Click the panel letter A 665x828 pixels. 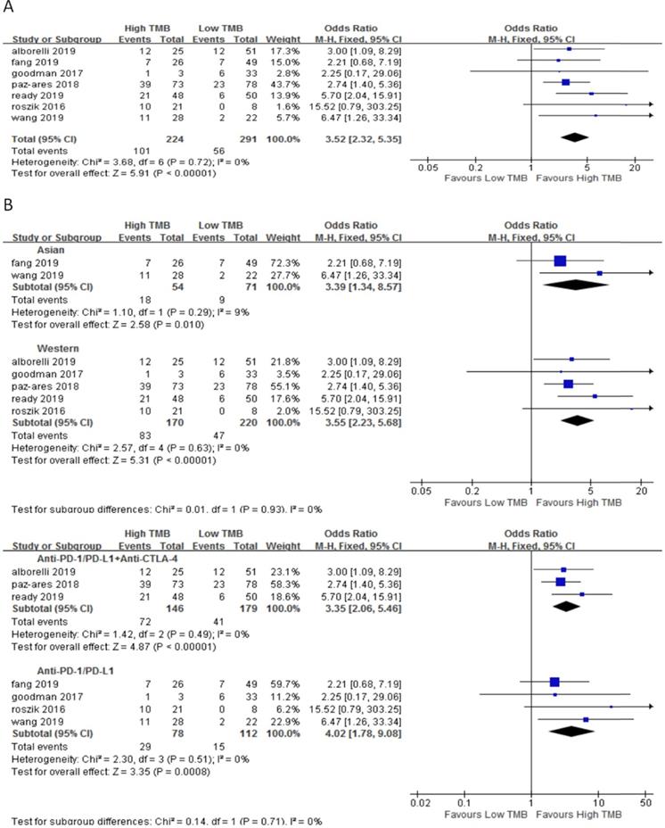(x=7, y=7)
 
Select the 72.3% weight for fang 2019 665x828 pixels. (x=273, y=261)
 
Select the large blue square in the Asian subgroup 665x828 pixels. (x=560, y=261)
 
